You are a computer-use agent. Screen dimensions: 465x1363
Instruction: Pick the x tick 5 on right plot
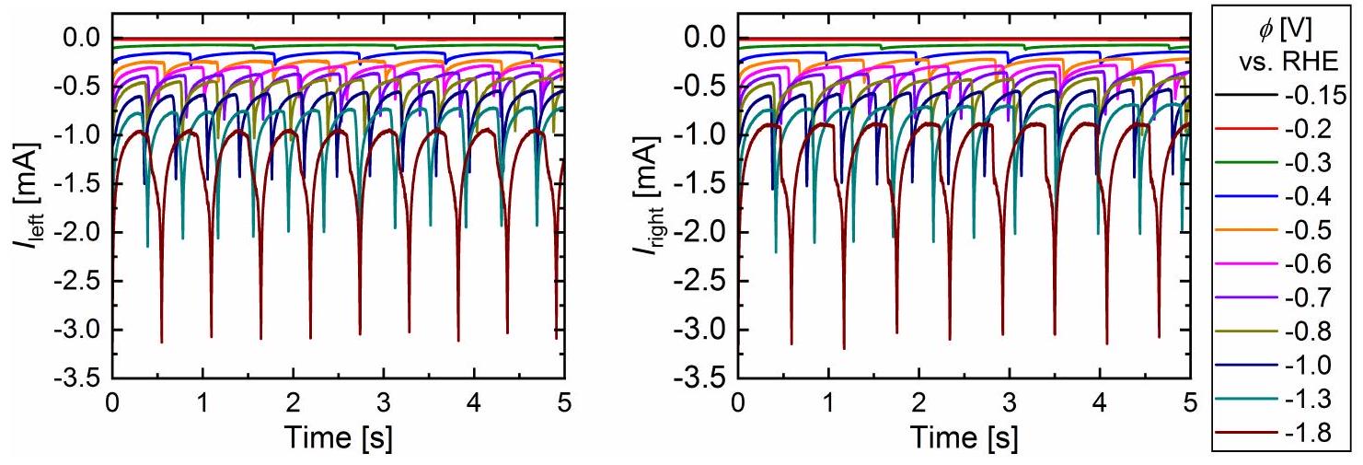click(x=1189, y=402)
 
